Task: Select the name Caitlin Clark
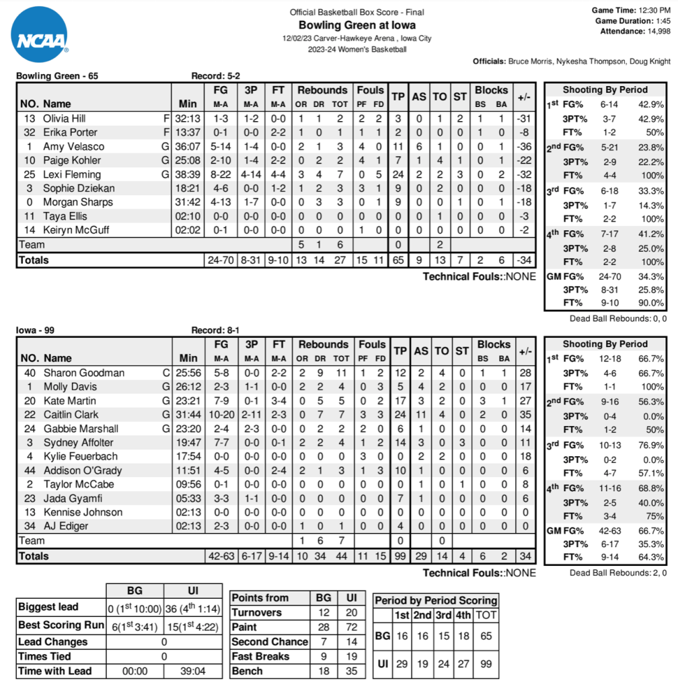(71, 414)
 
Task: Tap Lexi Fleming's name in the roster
(72, 174)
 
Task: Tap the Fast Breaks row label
(260, 656)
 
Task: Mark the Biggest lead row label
(48, 606)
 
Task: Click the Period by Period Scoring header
(436, 600)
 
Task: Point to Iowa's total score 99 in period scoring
(484, 664)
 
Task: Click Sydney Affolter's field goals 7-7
(221, 443)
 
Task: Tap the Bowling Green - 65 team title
(57, 76)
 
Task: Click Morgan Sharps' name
(77, 202)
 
